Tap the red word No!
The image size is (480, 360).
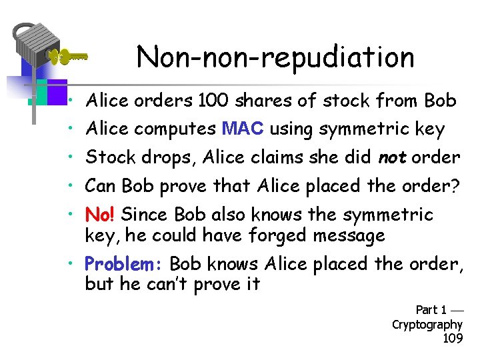[100, 215]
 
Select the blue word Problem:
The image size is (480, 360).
[118, 264]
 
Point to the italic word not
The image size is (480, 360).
[393, 157]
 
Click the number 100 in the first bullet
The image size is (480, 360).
[213, 101]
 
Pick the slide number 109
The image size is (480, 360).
[453, 338]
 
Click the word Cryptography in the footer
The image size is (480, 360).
[427, 324]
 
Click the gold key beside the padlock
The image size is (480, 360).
[69, 57]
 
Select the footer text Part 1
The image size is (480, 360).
[431, 309]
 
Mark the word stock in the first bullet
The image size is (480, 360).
[347, 101]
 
